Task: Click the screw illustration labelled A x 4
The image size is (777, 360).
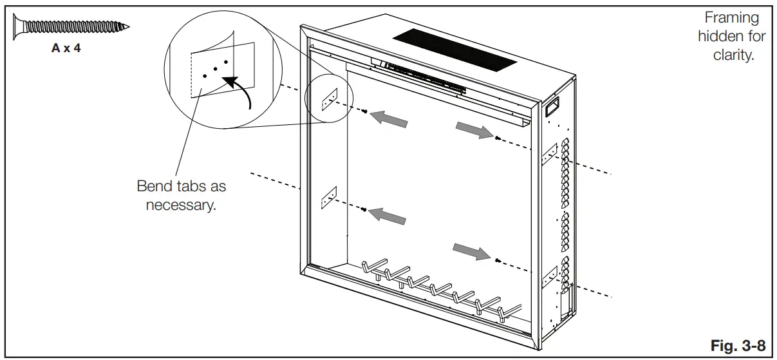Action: (71, 27)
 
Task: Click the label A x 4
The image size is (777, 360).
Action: (66, 48)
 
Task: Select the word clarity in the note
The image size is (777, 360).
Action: (733, 55)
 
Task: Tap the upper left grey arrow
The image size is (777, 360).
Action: (391, 118)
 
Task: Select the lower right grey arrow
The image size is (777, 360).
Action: (470, 251)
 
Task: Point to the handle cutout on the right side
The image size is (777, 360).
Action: (552, 106)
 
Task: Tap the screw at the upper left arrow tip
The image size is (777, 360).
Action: (366, 112)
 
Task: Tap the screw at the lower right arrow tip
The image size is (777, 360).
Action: (498, 260)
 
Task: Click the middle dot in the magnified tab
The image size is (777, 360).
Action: (215, 68)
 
